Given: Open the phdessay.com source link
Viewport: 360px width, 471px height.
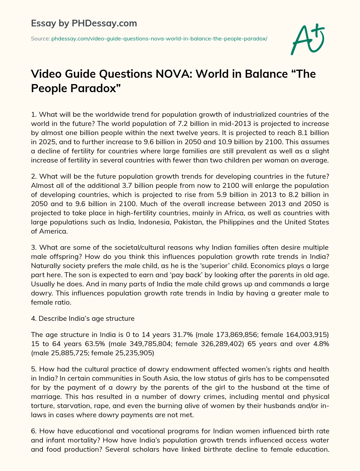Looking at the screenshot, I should pos(159,38).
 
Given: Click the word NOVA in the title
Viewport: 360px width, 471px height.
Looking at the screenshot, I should pos(171,74).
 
